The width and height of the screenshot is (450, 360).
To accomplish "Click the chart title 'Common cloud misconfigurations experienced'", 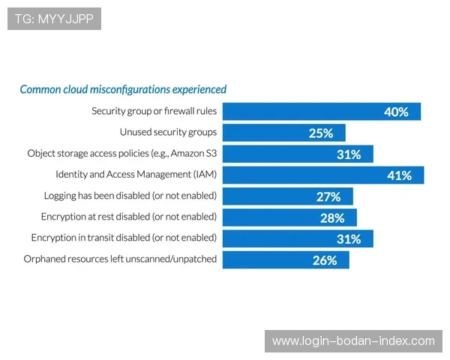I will (122, 89).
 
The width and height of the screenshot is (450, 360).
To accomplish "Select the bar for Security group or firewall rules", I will (300, 112).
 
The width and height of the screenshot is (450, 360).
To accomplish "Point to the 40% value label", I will (396, 112).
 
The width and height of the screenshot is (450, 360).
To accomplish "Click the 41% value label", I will (399, 175).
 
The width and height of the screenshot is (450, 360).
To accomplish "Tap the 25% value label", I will (320, 133).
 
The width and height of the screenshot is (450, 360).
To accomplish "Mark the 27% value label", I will (328, 196).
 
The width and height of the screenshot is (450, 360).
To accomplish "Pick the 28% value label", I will (332, 217).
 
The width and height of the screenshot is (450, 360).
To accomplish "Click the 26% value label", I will (325, 260).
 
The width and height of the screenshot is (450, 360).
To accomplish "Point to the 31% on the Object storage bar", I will (349, 154).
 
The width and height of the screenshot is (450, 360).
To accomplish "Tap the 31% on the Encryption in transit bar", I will (349, 238).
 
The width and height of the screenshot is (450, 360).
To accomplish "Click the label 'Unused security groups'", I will (168, 132).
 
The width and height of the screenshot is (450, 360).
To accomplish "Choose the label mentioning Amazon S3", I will (121, 153).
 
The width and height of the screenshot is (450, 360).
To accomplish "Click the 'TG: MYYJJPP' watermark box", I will (54, 19).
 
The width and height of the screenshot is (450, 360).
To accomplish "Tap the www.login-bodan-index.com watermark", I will (353, 341).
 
